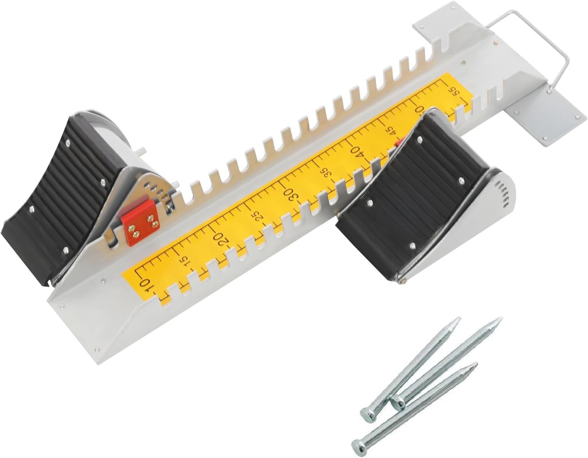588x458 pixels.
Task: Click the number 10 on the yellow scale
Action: click(x=144, y=283)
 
